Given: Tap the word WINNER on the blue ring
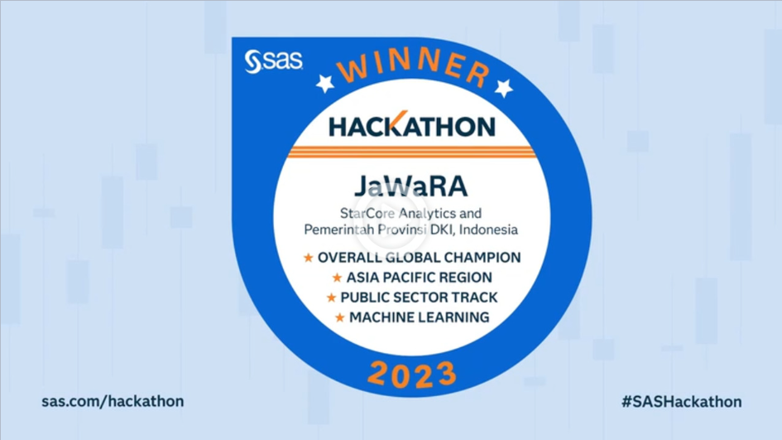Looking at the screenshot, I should tap(412, 66).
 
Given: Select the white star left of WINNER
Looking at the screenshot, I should tap(325, 82).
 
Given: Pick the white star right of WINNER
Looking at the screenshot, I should tap(503, 87).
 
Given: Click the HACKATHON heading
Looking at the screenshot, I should tap(412, 125).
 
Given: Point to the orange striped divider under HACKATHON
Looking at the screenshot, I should tap(412, 151).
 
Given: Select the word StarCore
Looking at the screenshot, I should tap(367, 213).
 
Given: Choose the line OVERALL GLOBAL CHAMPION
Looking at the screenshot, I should tap(420, 257).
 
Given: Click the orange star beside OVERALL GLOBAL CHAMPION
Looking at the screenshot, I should tap(309, 258).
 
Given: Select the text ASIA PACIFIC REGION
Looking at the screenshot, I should tap(420, 278).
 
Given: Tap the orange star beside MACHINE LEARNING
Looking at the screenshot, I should tap(339, 317).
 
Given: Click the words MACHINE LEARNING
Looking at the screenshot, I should tap(419, 317).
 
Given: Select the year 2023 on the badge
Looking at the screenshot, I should tap(411, 373).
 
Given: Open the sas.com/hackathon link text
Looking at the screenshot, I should tap(113, 401).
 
